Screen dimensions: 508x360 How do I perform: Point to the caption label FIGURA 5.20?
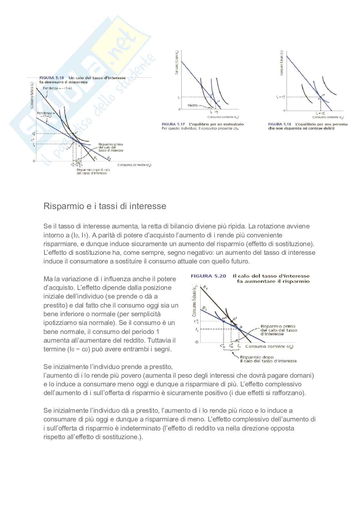[208, 276]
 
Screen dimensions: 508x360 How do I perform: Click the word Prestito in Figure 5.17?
[193, 105]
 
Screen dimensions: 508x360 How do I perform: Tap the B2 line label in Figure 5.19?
[109, 159]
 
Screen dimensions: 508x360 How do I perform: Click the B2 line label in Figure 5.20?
[204, 308]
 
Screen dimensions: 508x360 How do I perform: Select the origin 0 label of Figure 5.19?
[34, 161]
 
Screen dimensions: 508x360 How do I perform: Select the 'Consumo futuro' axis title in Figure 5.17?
[177, 63]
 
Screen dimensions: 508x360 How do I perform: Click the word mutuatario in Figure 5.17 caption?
[233, 124]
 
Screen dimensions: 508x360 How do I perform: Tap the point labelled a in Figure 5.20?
[239, 329]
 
